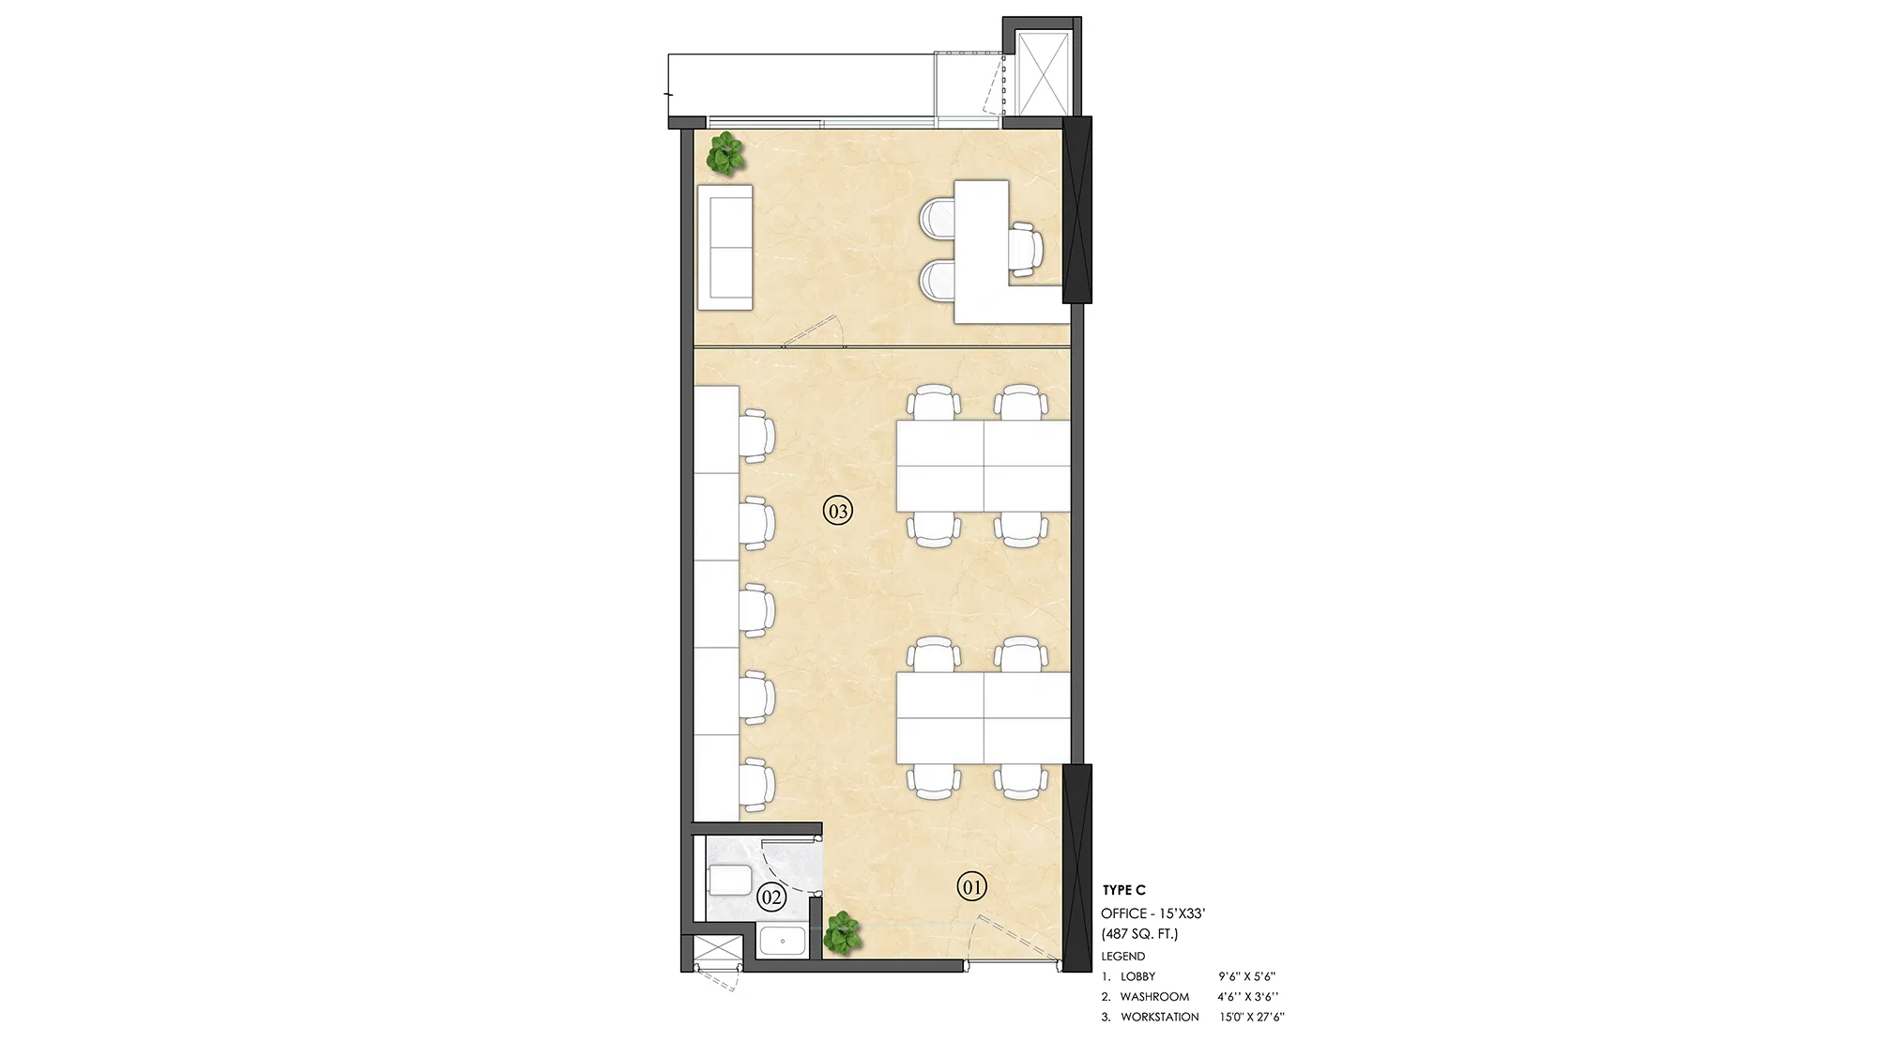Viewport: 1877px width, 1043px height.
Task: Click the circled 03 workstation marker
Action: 838,512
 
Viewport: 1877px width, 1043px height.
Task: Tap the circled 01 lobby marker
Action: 972,885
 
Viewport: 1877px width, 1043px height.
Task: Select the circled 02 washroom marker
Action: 771,897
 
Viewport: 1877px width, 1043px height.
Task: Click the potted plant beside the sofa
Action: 725,153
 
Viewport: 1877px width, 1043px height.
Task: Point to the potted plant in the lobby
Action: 842,933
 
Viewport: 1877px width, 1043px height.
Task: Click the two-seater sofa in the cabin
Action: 725,247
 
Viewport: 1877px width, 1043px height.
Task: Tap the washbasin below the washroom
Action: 781,942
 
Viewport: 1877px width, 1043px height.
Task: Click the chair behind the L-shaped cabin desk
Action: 1025,248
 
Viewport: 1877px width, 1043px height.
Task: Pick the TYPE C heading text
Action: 1123,890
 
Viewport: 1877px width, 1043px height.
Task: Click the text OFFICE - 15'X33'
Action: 1159,913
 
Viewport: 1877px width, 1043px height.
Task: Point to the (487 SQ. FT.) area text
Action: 1139,934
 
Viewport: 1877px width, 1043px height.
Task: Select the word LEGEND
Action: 1122,957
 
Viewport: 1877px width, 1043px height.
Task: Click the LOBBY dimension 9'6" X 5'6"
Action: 1246,976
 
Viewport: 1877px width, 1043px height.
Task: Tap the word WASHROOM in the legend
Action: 1154,997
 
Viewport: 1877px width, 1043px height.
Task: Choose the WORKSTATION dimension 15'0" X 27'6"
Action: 1252,1017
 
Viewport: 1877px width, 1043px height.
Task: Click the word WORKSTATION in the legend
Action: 1159,1017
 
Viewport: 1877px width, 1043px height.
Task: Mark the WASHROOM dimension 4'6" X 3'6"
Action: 1242,997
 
